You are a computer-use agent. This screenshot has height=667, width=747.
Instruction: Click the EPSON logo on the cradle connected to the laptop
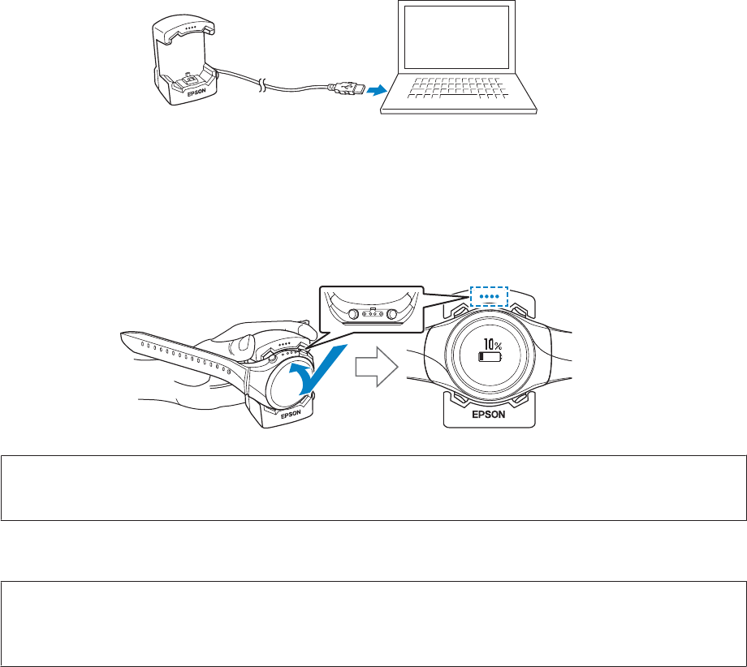tap(197, 93)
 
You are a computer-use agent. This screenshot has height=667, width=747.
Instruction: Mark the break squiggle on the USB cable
tap(261, 84)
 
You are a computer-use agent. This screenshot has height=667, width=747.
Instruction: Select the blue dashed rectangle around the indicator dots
tap(489, 296)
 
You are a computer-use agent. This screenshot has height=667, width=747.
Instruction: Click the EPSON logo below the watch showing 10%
tap(489, 413)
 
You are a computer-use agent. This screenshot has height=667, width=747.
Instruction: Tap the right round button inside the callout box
tap(393, 314)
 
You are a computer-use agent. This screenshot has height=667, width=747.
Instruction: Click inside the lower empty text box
tap(373, 612)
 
